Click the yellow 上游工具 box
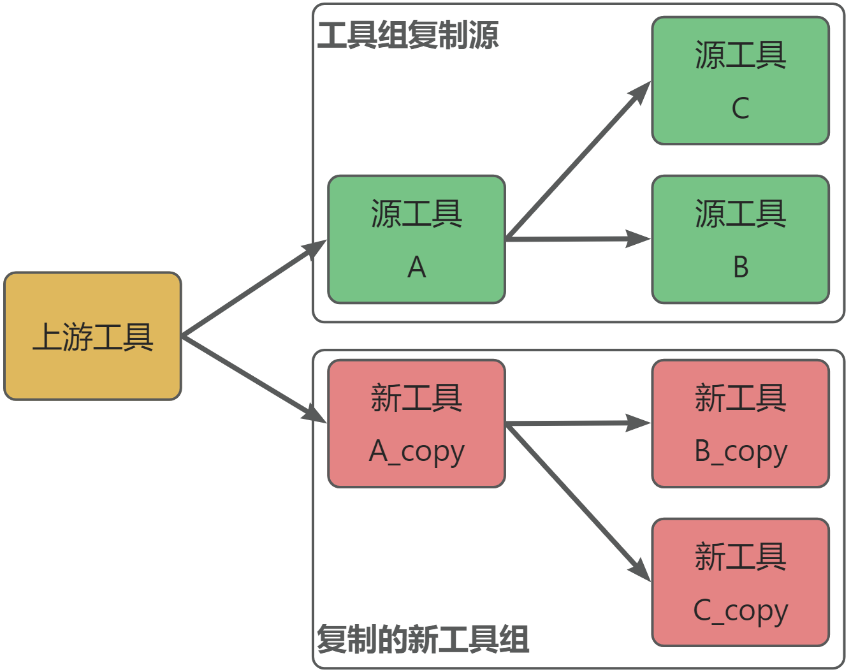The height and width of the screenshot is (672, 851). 93,336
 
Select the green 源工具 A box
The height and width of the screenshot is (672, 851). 416,239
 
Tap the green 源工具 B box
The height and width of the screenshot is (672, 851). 740,239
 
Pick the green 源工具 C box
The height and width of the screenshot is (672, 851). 740,80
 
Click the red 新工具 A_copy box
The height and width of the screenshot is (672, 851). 416,423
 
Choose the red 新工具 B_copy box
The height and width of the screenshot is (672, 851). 740,423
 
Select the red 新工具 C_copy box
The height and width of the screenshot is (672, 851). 740,582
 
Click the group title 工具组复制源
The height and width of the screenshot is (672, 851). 407,35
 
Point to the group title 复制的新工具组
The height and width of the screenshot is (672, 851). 423,639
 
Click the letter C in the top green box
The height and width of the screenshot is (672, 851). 740,108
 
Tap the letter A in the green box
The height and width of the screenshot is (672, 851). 416,267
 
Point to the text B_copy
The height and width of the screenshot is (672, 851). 740,451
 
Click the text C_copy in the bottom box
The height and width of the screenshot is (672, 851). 740,611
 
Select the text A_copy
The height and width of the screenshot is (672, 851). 416,451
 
